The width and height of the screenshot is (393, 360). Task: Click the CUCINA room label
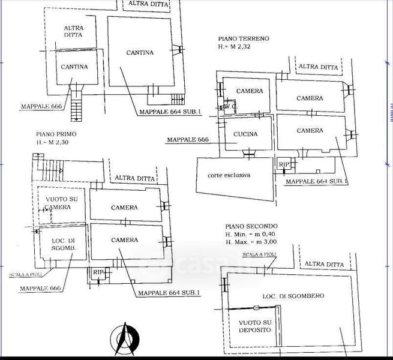click(245, 134)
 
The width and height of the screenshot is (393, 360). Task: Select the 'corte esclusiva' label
click(229, 175)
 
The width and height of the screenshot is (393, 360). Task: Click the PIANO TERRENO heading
click(244, 38)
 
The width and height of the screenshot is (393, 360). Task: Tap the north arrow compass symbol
click(125, 340)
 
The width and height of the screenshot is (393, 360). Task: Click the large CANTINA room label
click(140, 53)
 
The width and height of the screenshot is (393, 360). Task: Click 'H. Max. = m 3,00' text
click(255, 242)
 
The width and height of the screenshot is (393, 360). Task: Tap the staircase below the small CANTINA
click(75, 107)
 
